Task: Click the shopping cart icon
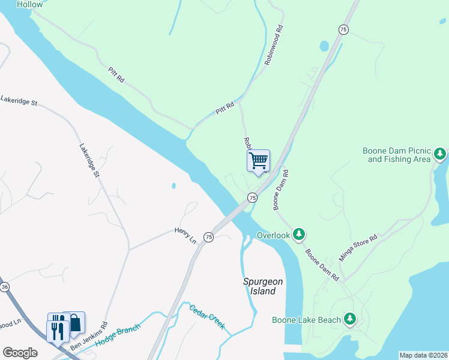click(x=258, y=161)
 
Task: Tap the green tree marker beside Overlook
click(x=300, y=235)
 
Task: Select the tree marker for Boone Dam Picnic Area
click(x=440, y=154)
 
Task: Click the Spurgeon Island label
click(x=259, y=286)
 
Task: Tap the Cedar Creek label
click(x=207, y=317)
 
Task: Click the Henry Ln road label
click(x=185, y=235)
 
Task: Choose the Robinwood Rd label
click(x=273, y=45)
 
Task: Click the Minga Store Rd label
click(x=358, y=247)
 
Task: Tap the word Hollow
click(x=30, y=4)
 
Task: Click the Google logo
click(x=20, y=353)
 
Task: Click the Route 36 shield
click(x=5, y=287)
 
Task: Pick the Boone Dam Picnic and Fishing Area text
click(x=397, y=155)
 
